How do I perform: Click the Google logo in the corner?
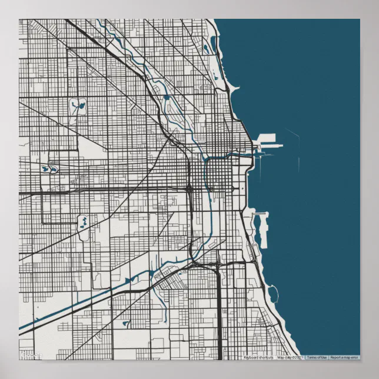tap(31, 355)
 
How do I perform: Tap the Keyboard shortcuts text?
tap(258, 357)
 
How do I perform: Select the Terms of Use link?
tap(316, 357)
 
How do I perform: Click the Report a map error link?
tap(344, 357)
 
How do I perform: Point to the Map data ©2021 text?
tap(290, 357)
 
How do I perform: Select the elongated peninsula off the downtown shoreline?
tap(260, 230)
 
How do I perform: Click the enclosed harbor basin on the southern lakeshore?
tap(272, 292)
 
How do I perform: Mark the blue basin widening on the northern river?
tap(166, 97)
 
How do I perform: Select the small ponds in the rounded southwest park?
tap(83, 222)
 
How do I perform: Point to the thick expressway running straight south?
tap(220, 312)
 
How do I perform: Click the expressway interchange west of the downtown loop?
tap(189, 188)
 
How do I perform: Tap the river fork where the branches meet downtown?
tap(205, 158)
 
